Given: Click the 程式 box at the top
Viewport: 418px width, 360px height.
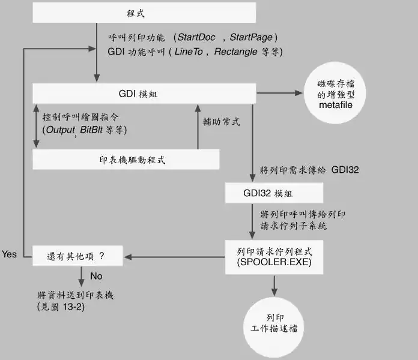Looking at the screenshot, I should pos(144,12).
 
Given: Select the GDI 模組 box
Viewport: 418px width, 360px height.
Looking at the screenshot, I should pos(144,94).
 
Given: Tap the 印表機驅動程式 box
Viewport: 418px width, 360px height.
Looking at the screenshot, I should pos(125,159).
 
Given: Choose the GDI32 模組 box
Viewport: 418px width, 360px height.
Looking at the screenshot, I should pos(274,193).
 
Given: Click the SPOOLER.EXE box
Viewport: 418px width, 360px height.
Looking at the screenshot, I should pos(274,257).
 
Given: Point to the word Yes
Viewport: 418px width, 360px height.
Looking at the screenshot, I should pos(10,254).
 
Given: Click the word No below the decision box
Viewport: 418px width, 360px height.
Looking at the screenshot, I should pos(96,277).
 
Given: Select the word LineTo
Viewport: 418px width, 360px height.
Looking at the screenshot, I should pos(189,52).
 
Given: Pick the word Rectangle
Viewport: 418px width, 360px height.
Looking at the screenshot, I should pos(237,52).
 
